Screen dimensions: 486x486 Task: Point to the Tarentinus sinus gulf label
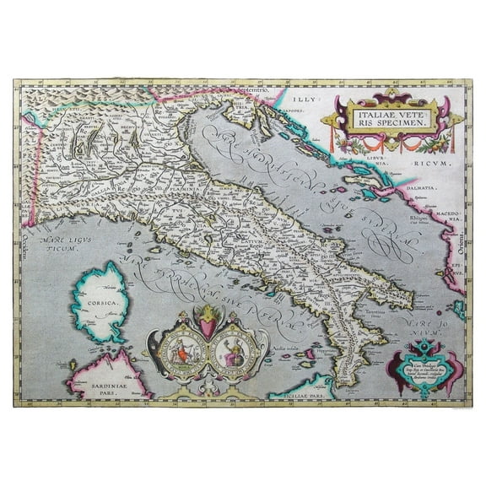click(x=376, y=313)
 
